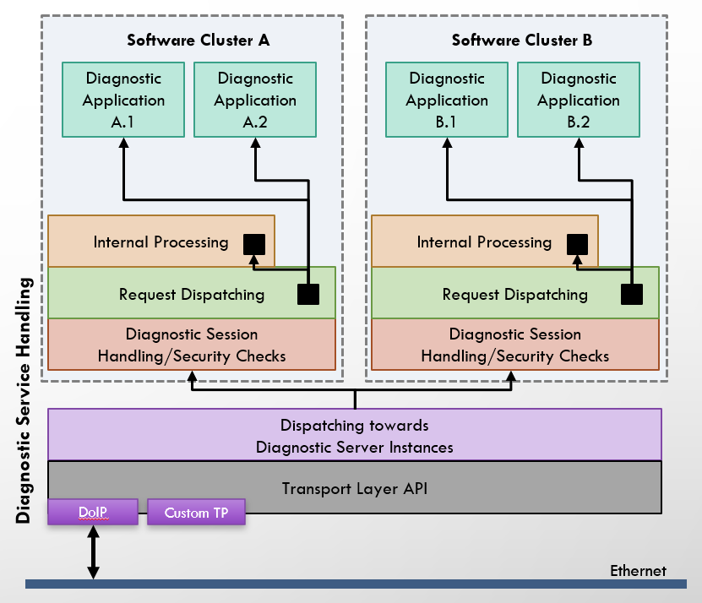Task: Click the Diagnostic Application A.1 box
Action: pyautogui.click(x=123, y=100)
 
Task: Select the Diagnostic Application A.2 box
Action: pyautogui.click(x=254, y=100)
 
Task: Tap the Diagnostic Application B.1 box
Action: pyautogui.click(x=446, y=100)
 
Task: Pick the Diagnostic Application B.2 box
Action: pyautogui.click(x=578, y=100)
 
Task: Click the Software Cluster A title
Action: pyautogui.click(x=198, y=40)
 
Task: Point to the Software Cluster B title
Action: pyautogui.click(x=521, y=40)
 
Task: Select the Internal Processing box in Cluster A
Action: pyautogui.click(x=161, y=242)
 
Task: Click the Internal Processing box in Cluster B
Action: pyautogui.click(x=484, y=242)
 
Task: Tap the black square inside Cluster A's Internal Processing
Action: pyautogui.click(x=254, y=244)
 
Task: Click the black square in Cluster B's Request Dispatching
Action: pyautogui.click(x=632, y=294)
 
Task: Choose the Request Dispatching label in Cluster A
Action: pyautogui.click(x=191, y=295)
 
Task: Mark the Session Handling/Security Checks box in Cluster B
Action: pyautogui.click(x=514, y=345)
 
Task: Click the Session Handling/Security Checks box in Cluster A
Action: pyautogui.click(x=192, y=345)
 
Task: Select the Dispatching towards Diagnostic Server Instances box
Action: pyautogui.click(x=354, y=436)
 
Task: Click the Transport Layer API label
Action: pyautogui.click(x=354, y=488)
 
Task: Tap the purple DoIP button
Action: pyautogui.click(x=92, y=513)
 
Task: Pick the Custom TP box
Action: pyautogui.click(x=196, y=513)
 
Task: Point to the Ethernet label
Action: pyautogui.click(x=638, y=571)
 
